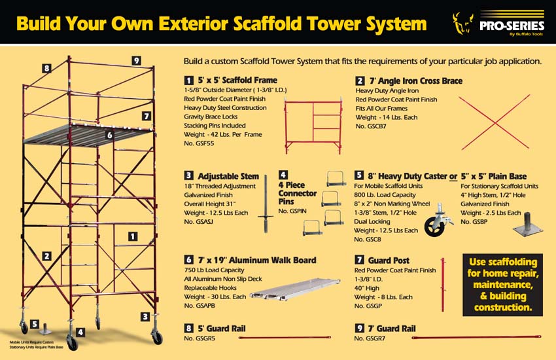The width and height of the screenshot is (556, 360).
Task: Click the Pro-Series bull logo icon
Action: point(462,24)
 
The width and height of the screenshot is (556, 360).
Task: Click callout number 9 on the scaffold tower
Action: point(136,61)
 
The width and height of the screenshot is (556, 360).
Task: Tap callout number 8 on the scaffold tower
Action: point(46,68)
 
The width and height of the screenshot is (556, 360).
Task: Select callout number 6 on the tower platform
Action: point(109,135)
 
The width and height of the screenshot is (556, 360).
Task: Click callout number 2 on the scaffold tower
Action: point(46,256)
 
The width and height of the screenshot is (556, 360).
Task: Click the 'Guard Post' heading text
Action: point(389,261)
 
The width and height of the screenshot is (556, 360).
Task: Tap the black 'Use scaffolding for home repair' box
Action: point(502,284)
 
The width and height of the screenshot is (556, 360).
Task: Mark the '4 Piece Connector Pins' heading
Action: point(298,193)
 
